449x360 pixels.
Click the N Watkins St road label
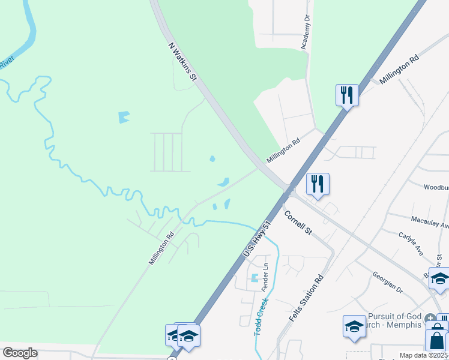pos(182,61)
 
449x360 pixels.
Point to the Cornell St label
pos(298,222)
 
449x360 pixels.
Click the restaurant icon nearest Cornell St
pos(318,184)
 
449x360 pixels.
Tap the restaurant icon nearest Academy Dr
pos(347,95)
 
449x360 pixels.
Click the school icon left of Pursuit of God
pos(354,326)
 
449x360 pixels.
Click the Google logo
pos(20,353)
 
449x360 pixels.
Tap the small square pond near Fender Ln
pos(255,278)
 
